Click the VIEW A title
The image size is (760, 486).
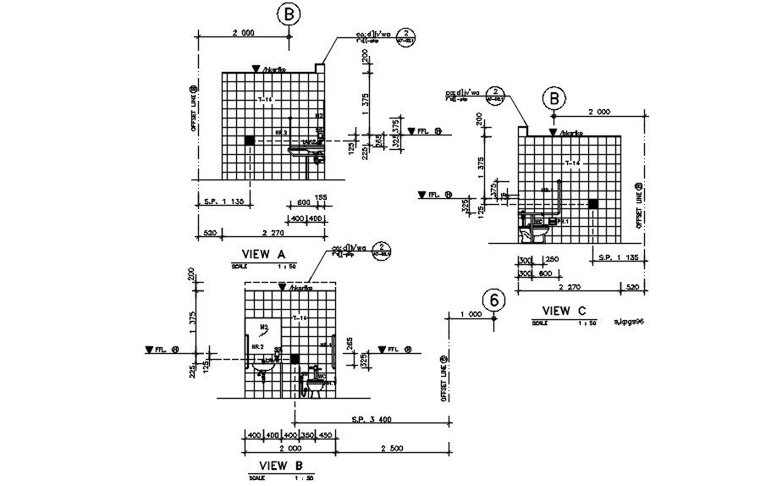coord(264,253)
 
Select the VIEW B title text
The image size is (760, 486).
coord(280,465)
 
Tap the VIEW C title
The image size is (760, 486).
coord(564,311)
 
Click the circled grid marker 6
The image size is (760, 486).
coord(495,301)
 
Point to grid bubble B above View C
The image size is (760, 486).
coord(554,98)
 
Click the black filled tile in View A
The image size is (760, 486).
coord(250,140)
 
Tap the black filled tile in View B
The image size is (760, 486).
coord(295,359)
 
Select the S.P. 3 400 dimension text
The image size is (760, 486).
coord(371,418)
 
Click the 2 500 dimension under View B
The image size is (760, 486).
coord(395,447)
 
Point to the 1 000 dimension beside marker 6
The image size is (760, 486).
coord(471,314)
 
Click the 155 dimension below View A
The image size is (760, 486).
coord(321,197)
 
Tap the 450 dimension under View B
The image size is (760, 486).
coord(326,435)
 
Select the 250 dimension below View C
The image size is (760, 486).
coord(552,259)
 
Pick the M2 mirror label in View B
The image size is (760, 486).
coord(263,326)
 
